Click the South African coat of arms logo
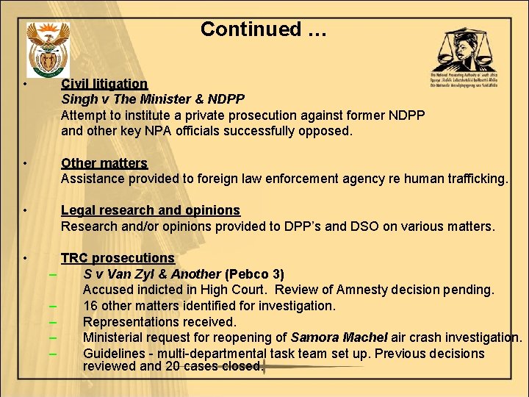[48, 49]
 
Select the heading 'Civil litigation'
[104, 84]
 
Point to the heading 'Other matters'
[104, 162]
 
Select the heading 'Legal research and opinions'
[150, 210]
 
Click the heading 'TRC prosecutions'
[118, 258]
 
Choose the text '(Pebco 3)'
[254, 274]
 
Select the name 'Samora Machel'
[338, 337]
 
